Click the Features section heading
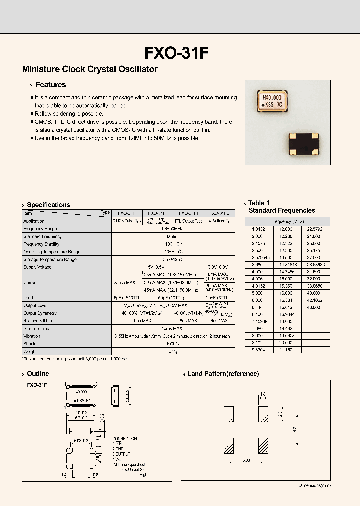coord(51,85)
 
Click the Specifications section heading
coord(48,205)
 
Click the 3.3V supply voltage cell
coord(219,267)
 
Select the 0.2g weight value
coord(173,352)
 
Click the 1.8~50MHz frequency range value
coord(173,229)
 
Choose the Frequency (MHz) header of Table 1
coord(287,221)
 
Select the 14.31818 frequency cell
coord(286,265)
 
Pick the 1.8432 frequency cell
coord(252,229)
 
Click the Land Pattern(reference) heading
coord(223,374)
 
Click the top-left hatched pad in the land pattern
coord(229,414)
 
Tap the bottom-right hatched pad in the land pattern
coord(263,445)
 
